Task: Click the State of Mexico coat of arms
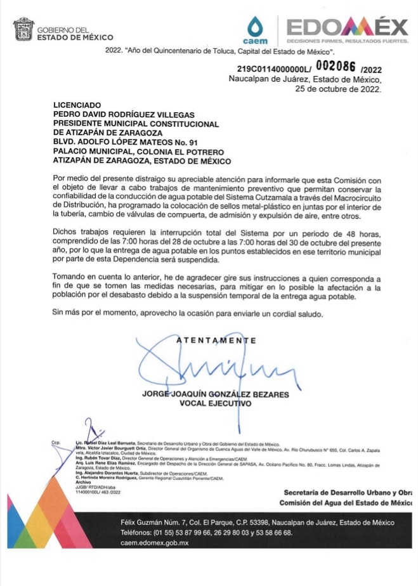(23, 29)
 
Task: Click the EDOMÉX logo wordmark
(348, 27)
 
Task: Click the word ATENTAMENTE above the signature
(216, 341)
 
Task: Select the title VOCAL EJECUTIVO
(216, 403)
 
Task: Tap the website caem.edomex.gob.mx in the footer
(155, 544)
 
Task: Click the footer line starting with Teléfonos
(207, 533)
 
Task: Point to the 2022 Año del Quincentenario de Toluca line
(225, 50)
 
